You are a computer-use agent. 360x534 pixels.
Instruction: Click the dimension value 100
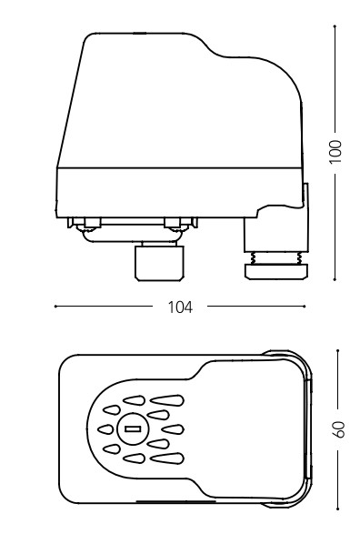point(335,152)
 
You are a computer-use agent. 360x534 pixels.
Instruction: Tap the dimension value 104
point(180,307)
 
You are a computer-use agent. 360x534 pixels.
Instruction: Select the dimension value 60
point(338,429)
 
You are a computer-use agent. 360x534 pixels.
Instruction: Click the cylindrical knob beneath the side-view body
point(159,263)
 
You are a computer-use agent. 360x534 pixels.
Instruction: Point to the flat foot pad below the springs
point(276,271)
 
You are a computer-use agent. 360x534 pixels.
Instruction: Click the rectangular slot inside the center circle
point(133,428)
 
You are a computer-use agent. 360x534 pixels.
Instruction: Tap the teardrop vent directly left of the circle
point(105,429)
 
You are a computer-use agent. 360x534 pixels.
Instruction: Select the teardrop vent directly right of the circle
point(173,429)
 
